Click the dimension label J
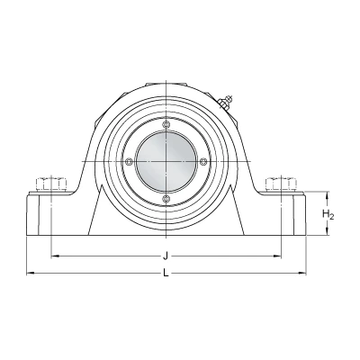coord(165,256)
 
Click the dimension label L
coord(166,273)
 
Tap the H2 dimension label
coord(328,214)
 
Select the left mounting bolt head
coord(51,184)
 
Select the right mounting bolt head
coord(282,184)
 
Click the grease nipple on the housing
coord(225,102)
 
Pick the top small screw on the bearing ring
coord(166,124)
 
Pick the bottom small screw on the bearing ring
coord(166,198)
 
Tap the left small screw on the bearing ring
coord(129,161)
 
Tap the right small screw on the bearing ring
coord(203,161)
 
